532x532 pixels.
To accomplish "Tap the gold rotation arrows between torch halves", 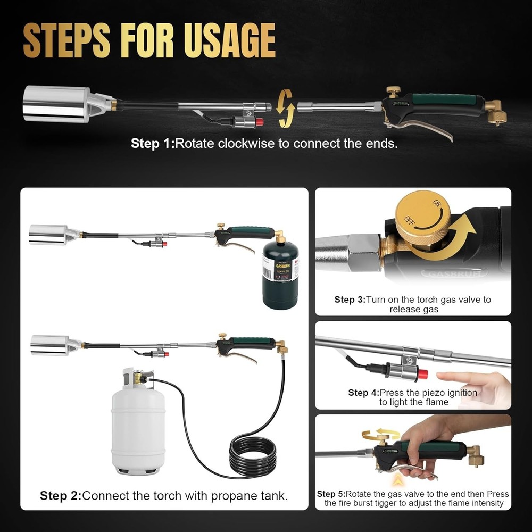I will point(286,108).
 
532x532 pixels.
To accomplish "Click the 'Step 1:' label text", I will point(152,144).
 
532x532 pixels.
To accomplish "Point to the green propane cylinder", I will point(280,277).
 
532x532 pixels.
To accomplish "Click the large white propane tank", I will point(137,420).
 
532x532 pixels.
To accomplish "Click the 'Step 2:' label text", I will point(61,496).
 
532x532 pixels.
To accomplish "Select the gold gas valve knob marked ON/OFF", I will point(420,218).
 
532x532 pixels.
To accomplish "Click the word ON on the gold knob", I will point(438,204).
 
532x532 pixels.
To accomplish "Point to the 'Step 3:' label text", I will point(350,300).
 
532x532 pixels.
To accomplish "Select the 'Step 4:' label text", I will point(363,393).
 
